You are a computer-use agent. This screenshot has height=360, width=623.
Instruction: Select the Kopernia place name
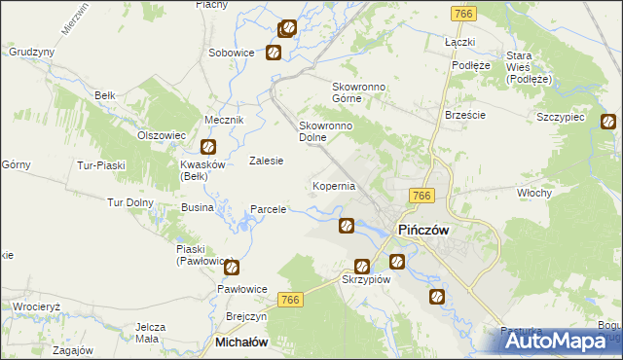click(333, 185)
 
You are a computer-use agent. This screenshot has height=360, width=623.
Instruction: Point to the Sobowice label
click(232, 52)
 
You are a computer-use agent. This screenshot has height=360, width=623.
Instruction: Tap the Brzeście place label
click(464, 114)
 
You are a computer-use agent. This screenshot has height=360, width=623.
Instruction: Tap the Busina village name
click(197, 208)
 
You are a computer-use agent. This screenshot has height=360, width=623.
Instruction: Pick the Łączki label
click(458, 43)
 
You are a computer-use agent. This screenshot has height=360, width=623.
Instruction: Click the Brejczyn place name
click(246, 317)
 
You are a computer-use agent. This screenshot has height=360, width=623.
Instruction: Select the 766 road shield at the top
click(464, 13)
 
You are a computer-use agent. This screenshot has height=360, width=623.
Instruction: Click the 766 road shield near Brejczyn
click(290, 302)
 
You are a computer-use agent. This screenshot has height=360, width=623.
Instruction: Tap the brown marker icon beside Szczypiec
click(607, 123)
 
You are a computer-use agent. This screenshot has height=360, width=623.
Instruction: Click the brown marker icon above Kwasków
click(208, 148)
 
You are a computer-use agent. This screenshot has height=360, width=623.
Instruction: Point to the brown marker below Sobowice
click(275, 53)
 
